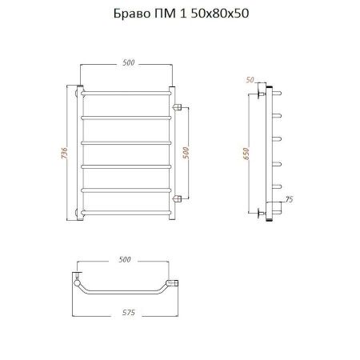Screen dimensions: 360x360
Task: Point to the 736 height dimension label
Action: coord(63,150)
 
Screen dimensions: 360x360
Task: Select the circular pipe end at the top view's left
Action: coord(77,282)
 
